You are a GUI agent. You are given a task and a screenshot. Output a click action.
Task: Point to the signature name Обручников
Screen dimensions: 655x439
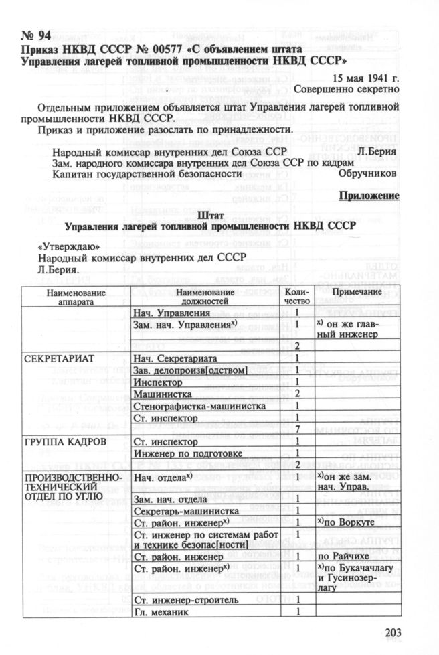pyautogui.click(x=369, y=173)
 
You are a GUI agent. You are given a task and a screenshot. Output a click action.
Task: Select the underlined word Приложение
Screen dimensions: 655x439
pyautogui.click(x=369, y=196)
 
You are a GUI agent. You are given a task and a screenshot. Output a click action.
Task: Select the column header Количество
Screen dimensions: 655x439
pyautogui.click(x=296, y=297)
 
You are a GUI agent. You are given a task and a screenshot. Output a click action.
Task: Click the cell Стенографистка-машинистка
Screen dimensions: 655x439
pyautogui.click(x=199, y=406)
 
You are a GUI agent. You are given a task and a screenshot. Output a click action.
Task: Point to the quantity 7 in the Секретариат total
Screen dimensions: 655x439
pyautogui.click(x=296, y=429)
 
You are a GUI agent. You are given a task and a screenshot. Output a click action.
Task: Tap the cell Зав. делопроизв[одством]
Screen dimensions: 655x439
pyautogui.click(x=191, y=370)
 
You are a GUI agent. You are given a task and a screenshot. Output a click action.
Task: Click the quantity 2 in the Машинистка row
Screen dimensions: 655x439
pyautogui.click(x=296, y=394)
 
